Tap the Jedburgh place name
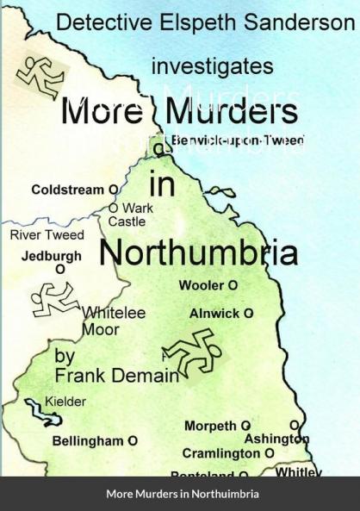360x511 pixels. point(52,256)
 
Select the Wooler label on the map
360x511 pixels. point(202,285)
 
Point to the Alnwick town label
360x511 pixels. point(215,314)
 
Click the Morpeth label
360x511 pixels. point(211,426)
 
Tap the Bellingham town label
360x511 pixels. point(89,441)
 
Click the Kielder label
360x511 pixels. point(65,402)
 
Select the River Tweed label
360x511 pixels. point(47,234)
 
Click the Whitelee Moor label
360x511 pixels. point(113,321)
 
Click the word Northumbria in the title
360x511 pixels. point(199,252)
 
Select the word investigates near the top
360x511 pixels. point(213,65)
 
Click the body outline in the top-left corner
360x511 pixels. point(40,76)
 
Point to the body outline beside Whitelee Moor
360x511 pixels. point(54,299)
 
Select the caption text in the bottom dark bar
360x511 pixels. point(182,494)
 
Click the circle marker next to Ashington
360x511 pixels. point(295,426)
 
